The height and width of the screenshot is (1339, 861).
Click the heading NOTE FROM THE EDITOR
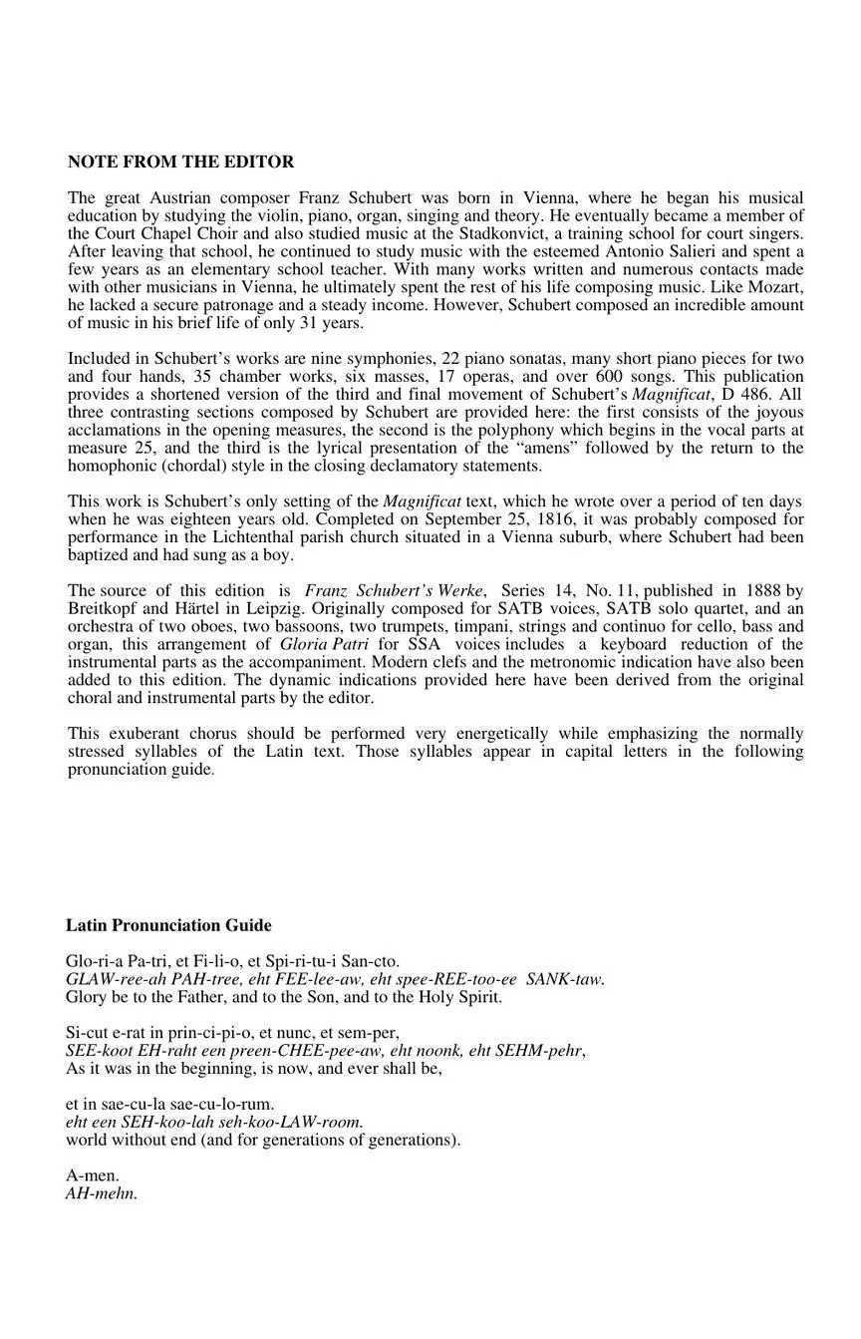(180, 162)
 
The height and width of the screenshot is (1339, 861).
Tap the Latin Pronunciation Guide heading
(168, 925)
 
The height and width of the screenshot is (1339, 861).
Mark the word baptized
(98, 554)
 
